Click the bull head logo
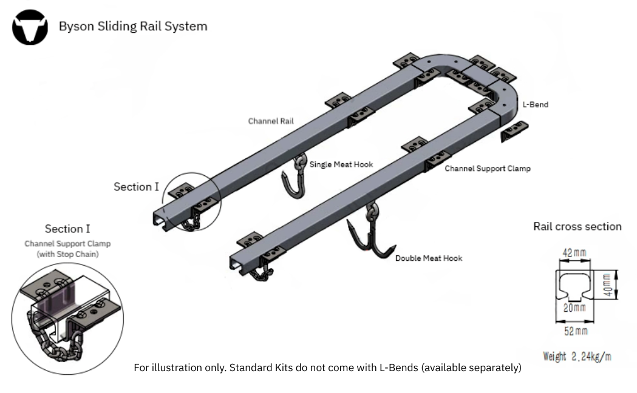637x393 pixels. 30,27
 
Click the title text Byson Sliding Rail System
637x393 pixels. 132,26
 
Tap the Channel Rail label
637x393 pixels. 271,121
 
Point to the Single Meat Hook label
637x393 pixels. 341,164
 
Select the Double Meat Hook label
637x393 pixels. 429,258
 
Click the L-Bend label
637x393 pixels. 536,104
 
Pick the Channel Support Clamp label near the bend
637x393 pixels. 487,168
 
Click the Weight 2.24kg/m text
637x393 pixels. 577,356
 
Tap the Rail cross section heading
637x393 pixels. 577,227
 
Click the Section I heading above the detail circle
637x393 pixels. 67,229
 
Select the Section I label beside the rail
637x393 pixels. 136,187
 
